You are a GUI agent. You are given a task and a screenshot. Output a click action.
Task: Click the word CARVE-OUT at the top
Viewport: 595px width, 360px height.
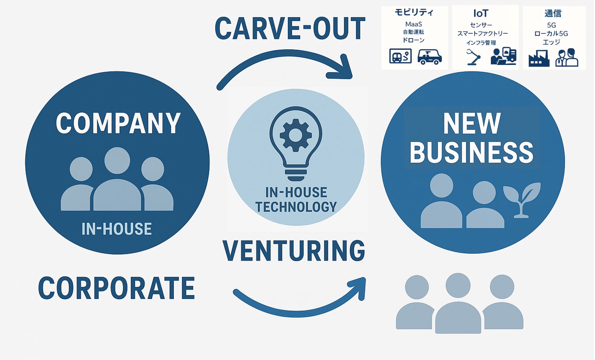290,29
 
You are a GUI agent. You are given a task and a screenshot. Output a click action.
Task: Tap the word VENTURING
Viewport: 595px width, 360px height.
294,251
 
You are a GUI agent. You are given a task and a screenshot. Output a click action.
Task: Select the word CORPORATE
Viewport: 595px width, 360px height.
116,288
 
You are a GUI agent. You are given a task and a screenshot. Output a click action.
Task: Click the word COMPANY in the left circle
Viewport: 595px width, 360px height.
118,123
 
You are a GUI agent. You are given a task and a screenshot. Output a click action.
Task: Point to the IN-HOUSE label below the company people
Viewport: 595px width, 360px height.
116,229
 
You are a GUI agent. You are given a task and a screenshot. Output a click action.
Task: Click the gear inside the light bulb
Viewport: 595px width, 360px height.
295,135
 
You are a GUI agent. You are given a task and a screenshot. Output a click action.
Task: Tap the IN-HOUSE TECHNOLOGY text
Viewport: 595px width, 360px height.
296,200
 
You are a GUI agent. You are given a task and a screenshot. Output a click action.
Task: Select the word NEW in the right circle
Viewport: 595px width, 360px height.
472,124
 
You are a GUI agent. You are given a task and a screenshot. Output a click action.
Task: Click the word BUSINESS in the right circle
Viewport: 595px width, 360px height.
472,153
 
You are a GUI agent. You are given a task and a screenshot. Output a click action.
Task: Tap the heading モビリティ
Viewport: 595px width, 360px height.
414,13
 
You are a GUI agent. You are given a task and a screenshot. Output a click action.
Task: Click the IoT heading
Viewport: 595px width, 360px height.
481,14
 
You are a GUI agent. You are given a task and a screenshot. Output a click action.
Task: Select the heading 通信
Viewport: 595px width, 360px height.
553,14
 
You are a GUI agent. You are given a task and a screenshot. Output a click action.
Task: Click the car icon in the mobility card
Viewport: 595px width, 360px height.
429,57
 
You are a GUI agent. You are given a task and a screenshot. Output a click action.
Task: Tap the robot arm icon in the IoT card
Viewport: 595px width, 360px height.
473,57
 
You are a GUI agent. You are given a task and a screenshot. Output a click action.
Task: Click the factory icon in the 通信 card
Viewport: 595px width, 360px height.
539,58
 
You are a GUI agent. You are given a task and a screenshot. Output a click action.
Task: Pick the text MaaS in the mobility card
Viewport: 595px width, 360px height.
414,24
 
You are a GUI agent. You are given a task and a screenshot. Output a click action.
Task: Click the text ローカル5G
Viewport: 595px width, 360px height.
551,34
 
